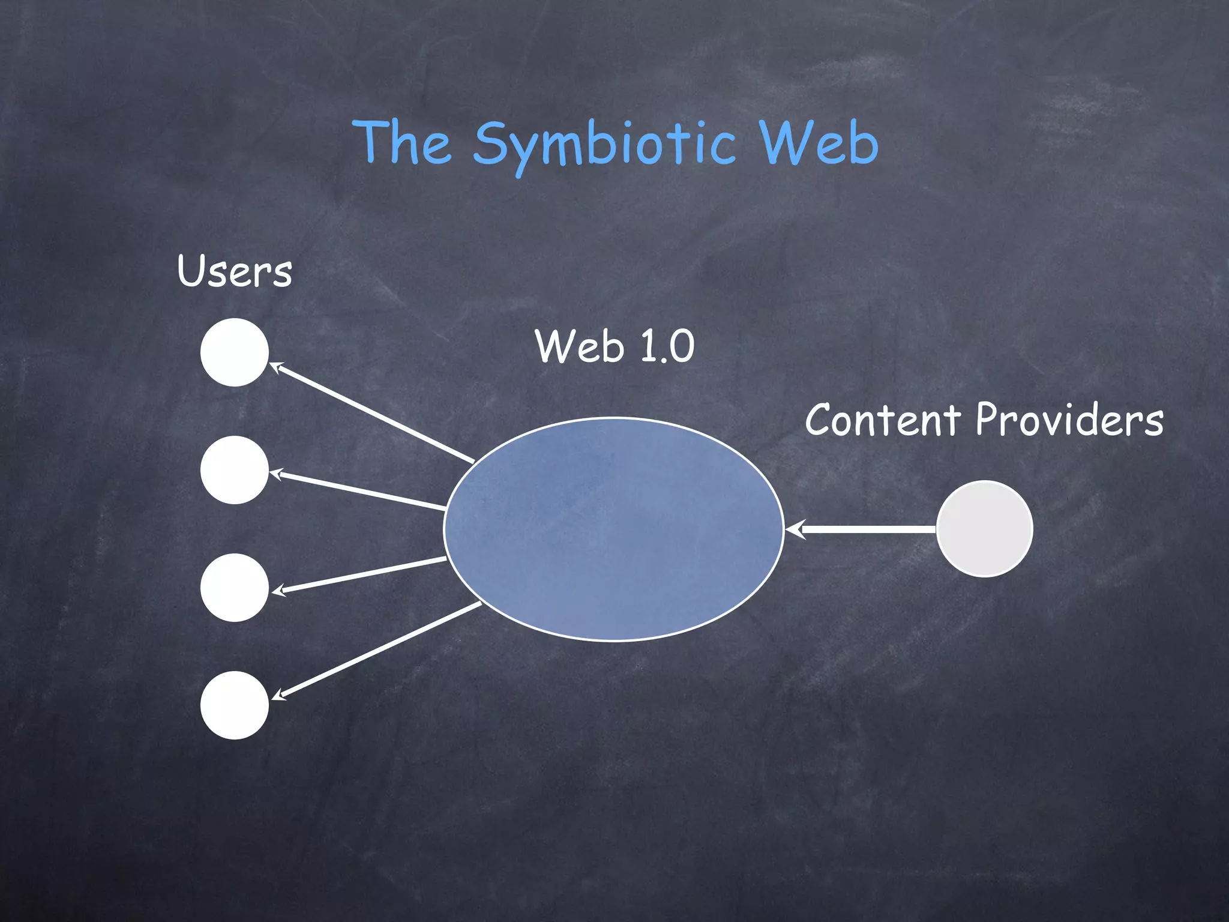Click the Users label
235,271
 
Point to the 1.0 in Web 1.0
667,346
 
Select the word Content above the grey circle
883,420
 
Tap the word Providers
1069,420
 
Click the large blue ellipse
613,529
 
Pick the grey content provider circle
984,529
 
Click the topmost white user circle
235,352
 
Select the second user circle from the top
235,470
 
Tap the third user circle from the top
235,588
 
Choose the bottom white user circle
235,705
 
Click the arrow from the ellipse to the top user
372,413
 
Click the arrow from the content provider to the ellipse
864,529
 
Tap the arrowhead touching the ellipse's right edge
793,529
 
